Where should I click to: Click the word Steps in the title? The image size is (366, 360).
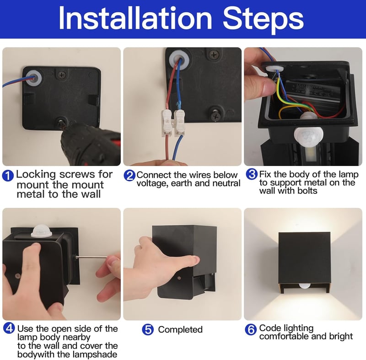(264, 20)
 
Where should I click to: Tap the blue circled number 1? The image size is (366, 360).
(8, 176)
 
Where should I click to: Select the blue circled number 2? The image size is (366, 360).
(129, 176)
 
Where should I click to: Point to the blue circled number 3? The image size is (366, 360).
(252, 174)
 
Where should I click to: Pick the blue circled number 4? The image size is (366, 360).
(9, 328)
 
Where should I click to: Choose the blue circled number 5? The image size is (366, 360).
(148, 329)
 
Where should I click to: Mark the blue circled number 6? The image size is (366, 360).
(251, 329)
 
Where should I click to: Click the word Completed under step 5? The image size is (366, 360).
(180, 330)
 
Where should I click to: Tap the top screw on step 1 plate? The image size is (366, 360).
(62, 75)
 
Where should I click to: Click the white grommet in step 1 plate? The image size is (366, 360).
(33, 78)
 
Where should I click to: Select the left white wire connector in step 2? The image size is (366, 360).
(167, 123)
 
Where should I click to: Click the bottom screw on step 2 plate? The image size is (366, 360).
(215, 115)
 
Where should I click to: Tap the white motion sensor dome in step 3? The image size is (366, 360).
(308, 136)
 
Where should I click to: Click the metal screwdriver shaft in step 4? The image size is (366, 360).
(91, 257)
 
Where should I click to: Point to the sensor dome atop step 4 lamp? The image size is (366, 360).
(41, 231)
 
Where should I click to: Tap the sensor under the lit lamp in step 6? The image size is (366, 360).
(305, 285)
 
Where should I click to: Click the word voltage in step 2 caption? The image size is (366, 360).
(152, 184)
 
